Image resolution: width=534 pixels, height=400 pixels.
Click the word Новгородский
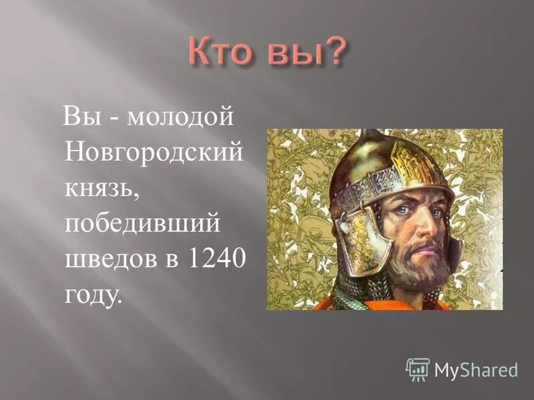tap(153, 154)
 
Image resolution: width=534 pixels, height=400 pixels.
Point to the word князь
tap(101, 189)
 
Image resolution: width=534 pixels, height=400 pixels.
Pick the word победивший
tap(142, 224)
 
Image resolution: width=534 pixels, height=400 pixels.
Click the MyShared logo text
tap(476, 369)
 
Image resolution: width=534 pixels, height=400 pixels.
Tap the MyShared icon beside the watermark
tap(418, 369)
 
